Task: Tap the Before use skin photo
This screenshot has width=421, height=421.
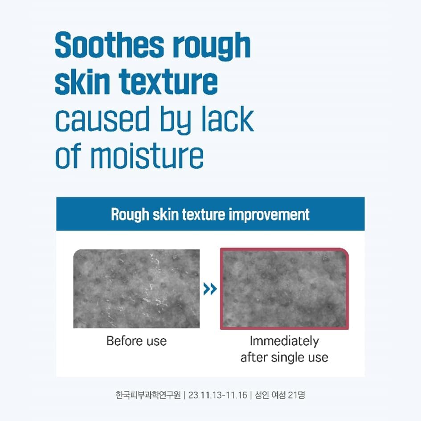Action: point(136,289)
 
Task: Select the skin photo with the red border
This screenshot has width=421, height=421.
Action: point(284,289)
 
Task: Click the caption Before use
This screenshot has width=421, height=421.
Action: point(136,342)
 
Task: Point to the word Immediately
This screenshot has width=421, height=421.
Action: point(284,342)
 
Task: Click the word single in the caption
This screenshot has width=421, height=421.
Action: point(284,357)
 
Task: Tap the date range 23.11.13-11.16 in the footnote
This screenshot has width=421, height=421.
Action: point(217,395)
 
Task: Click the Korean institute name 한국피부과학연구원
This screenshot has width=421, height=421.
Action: point(148,395)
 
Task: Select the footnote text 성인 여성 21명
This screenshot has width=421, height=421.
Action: point(279,395)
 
